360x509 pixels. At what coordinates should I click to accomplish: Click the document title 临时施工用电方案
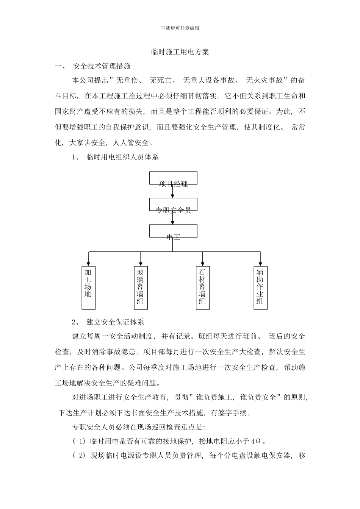coord(180,52)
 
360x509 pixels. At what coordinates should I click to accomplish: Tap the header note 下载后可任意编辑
coord(180,28)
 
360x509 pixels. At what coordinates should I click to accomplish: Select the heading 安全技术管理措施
coord(101,66)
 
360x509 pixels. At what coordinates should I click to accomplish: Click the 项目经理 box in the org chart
coord(173,178)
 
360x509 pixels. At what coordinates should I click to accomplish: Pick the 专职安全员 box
coord(173,205)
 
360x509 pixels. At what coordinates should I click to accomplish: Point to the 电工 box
coord(173,231)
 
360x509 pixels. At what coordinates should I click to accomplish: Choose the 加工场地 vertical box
coord(88,287)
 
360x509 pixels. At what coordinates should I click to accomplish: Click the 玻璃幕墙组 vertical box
coord(141,287)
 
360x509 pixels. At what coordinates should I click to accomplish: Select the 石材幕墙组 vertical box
coord(202,287)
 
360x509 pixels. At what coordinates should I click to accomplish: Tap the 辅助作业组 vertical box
coord(260,287)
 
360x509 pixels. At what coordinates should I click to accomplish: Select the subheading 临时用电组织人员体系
coord(122,157)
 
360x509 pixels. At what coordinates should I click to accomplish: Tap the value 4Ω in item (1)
coord(257,441)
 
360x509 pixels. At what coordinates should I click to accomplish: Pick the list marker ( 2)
coord(79,456)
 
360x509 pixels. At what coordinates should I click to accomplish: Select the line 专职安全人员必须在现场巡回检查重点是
coord(139,427)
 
